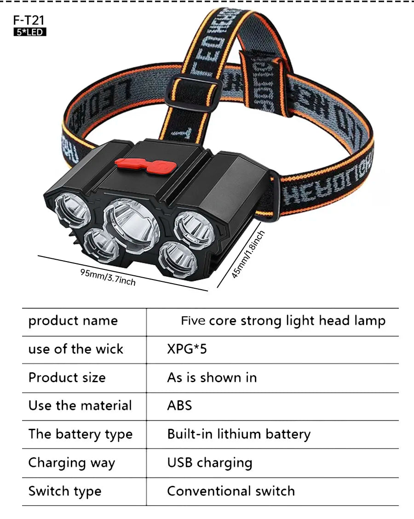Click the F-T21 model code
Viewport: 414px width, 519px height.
click(x=29, y=21)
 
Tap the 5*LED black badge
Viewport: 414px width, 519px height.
click(x=30, y=32)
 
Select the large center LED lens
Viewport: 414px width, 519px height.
click(x=132, y=227)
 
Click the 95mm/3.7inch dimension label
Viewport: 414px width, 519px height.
click(x=108, y=277)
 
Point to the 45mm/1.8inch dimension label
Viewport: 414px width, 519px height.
click(x=248, y=254)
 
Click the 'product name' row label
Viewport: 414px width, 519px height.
click(x=73, y=321)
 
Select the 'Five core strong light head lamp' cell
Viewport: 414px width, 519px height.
click(x=283, y=321)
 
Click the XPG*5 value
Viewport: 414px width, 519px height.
click(x=187, y=349)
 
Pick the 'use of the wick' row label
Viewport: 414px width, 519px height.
click(x=76, y=349)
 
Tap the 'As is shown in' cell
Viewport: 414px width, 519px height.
click(x=212, y=377)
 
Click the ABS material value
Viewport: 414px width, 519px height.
click(x=179, y=405)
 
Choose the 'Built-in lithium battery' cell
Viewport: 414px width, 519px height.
click(x=239, y=434)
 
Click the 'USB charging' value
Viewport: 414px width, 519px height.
click(x=210, y=463)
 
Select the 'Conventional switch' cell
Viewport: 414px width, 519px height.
click(x=231, y=491)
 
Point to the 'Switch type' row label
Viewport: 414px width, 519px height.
click(x=65, y=491)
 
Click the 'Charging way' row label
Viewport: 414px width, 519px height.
click(x=72, y=463)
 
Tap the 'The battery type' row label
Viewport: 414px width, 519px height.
click(x=80, y=434)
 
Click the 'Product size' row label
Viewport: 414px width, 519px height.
click(x=67, y=377)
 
